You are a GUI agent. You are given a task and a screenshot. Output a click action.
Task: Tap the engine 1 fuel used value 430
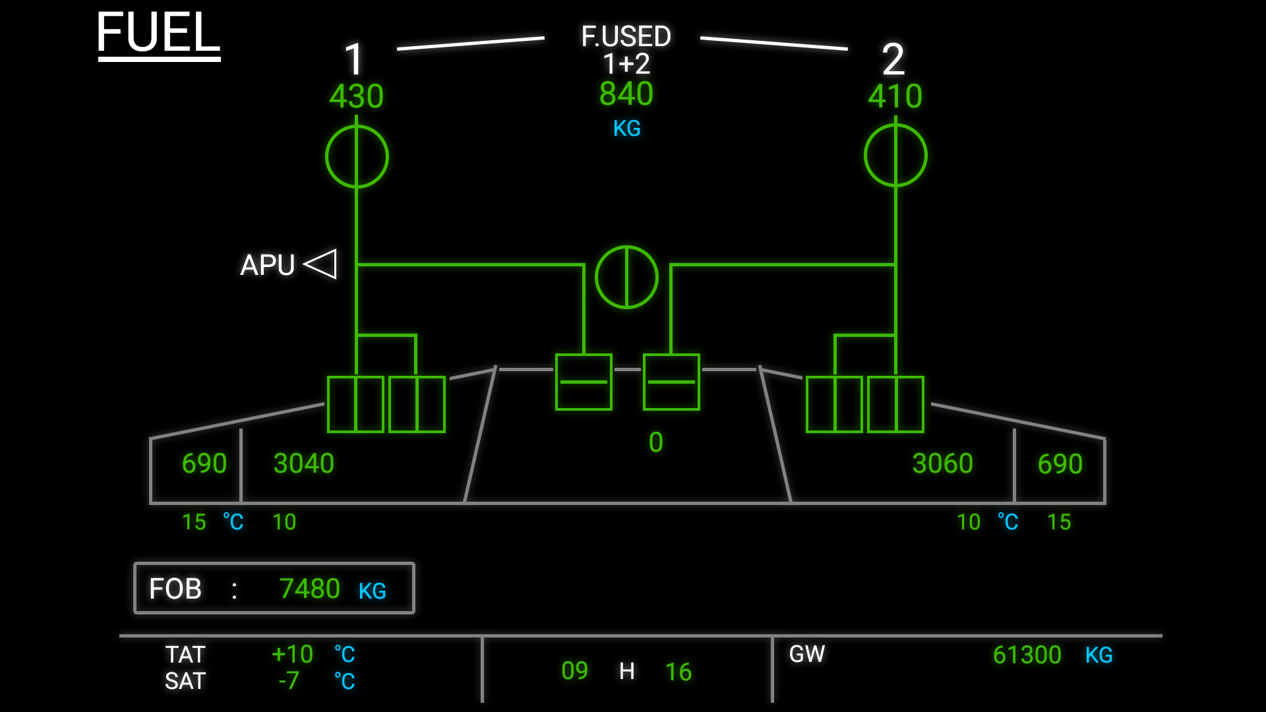[356, 96]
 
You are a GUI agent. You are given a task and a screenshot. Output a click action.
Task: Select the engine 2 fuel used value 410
[895, 96]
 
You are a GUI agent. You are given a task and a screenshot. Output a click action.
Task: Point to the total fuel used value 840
[626, 94]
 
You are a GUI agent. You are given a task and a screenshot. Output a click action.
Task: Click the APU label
[267, 265]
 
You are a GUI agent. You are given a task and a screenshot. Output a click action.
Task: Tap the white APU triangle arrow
[321, 264]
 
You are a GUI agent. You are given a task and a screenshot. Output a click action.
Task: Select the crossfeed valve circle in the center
[626, 277]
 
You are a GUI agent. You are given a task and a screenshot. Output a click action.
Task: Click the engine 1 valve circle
[357, 157]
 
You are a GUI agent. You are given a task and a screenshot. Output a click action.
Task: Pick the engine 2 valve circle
[895, 156]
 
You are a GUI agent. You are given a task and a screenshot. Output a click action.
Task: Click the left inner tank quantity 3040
[303, 463]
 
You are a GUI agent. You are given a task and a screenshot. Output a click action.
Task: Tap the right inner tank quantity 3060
[942, 463]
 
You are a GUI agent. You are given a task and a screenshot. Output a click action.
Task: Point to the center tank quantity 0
[655, 442]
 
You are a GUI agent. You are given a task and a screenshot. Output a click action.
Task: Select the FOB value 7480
[309, 589]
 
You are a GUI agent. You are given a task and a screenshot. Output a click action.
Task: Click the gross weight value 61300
[1027, 655]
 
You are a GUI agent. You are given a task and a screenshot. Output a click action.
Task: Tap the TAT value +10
[292, 654]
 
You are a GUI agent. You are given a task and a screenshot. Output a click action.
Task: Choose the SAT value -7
[289, 680]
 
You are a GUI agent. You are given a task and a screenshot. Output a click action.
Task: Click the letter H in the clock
[626, 671]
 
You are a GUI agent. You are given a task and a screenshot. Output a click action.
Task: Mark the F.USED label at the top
[626, 36]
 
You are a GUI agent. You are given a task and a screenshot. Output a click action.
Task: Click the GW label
[806, 654]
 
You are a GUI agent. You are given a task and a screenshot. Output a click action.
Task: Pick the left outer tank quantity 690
[204, 463]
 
